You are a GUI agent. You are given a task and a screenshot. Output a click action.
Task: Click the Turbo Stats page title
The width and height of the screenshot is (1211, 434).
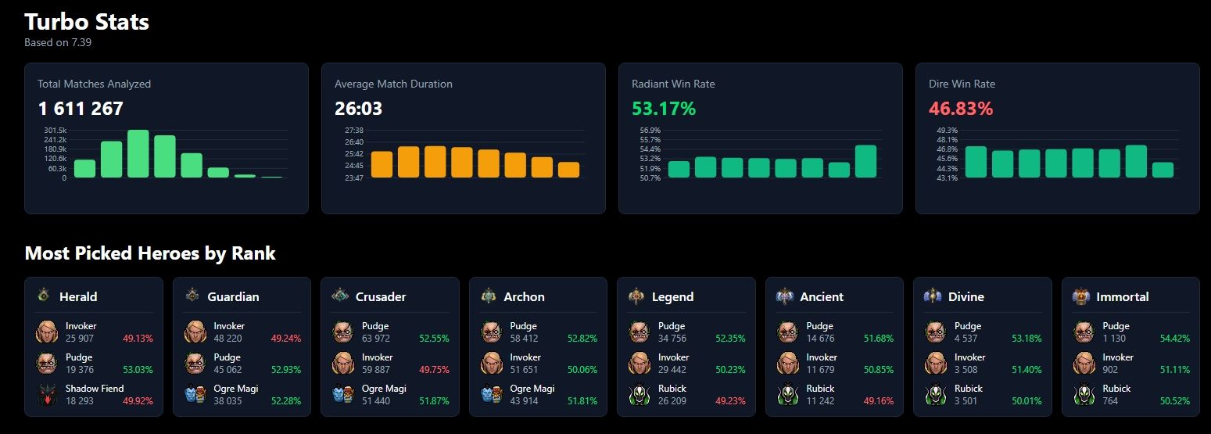87,22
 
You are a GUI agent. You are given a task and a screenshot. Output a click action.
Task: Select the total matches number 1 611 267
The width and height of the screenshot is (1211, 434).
81,109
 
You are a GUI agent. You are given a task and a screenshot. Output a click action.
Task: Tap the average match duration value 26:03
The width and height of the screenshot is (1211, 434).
358,109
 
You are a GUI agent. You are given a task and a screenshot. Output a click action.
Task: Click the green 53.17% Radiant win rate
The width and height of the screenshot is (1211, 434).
663,109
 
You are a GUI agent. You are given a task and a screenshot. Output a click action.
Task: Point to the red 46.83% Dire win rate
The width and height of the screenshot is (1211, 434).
961,109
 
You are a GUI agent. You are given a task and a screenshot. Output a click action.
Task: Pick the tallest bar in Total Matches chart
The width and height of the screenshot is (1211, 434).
138,154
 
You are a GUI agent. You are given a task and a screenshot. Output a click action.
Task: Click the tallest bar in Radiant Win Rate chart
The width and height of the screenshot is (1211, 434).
865,162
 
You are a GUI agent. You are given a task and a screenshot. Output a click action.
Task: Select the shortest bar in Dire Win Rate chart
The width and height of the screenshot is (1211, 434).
1163,170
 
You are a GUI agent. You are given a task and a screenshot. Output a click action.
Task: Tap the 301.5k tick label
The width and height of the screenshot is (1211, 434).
55,130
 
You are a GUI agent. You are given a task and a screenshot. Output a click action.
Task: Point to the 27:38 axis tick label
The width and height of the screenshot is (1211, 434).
353,130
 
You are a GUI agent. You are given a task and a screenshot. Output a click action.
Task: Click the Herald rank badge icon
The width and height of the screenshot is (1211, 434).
44,296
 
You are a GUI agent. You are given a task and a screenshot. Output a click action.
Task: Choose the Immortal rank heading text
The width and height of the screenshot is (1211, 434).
1122,297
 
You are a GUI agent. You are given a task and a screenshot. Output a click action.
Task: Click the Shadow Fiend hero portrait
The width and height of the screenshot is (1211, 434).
47,395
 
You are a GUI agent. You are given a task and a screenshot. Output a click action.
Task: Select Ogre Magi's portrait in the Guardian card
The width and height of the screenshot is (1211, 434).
195,395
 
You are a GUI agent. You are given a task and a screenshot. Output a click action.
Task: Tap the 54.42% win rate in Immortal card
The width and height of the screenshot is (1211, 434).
1173,339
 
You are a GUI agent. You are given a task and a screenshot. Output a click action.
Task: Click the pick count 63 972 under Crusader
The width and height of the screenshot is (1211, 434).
375,339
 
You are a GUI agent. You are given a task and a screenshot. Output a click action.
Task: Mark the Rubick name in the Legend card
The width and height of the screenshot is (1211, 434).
672,389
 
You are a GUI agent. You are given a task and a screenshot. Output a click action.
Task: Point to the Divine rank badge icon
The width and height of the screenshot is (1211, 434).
933,296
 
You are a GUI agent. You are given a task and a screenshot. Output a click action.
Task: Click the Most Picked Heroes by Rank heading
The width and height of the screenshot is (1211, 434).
150,253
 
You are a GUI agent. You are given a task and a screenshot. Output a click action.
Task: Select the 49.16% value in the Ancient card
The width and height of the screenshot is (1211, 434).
877,401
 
